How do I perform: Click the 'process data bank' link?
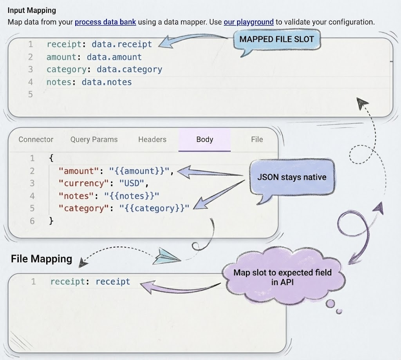(x=105, y=22)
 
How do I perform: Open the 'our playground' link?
(x=248, y=22)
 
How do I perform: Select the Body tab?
(x=204, y=139)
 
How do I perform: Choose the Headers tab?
(x=152, y=139)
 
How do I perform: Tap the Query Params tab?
(x=94, y=139)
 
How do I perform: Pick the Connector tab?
(x=36, y=139)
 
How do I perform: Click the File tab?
(x=257, y=139)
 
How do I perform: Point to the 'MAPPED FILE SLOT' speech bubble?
(x=276, y=39)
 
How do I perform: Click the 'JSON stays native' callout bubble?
(x=291, y=177)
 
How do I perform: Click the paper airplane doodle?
(x=166, y=257)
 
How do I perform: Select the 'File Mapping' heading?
(x=42, y=259)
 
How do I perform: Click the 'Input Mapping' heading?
(x=32, y=11)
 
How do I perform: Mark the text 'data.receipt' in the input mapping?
(x=121, y=44)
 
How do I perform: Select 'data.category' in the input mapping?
(x=129, y=69)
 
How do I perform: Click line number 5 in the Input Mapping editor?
(x=31, y=94)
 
